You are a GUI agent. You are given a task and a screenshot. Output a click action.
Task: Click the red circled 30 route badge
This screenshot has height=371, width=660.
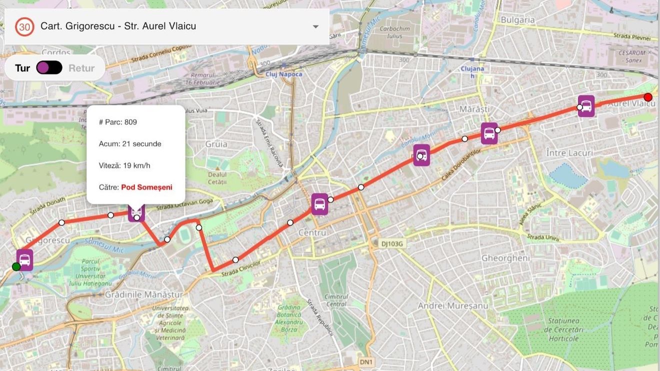[24, 26]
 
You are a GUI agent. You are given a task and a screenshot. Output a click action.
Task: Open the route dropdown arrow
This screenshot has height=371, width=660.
[315, 27]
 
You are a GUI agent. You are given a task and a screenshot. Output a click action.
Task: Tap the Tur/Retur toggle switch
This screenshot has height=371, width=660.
[49, 68]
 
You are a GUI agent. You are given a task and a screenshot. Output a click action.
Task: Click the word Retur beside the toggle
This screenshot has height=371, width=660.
[81, 68]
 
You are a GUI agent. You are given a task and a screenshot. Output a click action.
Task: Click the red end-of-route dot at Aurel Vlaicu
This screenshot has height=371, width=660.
[648, 97]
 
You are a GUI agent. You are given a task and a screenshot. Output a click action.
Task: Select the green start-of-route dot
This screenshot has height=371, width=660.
[16, 267]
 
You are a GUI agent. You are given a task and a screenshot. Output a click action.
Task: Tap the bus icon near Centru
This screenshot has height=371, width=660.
[319, 204]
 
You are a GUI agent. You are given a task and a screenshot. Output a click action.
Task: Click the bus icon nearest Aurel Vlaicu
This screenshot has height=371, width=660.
[586, 106]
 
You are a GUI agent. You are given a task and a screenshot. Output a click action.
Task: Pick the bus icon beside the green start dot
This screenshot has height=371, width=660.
[24, 260]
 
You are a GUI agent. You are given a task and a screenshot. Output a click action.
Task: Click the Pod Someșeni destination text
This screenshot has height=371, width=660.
[146, 187]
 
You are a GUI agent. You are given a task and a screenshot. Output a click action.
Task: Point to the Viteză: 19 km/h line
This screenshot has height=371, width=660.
[124, 166]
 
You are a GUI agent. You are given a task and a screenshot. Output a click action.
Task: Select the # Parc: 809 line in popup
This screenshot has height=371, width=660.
[118, 122]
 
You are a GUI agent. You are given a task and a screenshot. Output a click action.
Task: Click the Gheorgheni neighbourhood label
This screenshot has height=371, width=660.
[505, 258]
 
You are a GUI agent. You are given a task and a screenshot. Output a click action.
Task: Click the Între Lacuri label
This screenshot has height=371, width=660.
[569, 153]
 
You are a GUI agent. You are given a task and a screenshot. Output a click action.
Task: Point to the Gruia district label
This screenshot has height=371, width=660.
[216, 144]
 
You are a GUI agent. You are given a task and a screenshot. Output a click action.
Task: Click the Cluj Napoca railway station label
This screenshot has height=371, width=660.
[283, 74]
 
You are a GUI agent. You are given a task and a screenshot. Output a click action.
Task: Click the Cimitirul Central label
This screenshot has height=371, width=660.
[335, 300]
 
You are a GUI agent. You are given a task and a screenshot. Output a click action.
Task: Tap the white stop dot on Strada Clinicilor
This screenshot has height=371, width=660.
[235, 260]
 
